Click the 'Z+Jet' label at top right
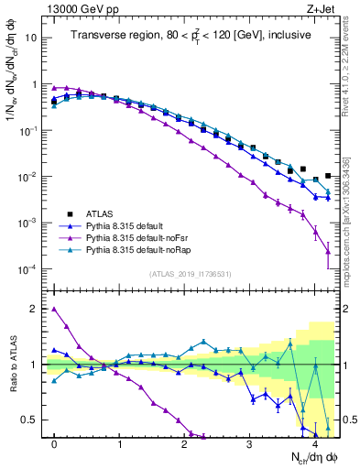pos(320,9)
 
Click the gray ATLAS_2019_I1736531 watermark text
pos(190,274)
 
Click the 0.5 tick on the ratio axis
pos(34,420)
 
